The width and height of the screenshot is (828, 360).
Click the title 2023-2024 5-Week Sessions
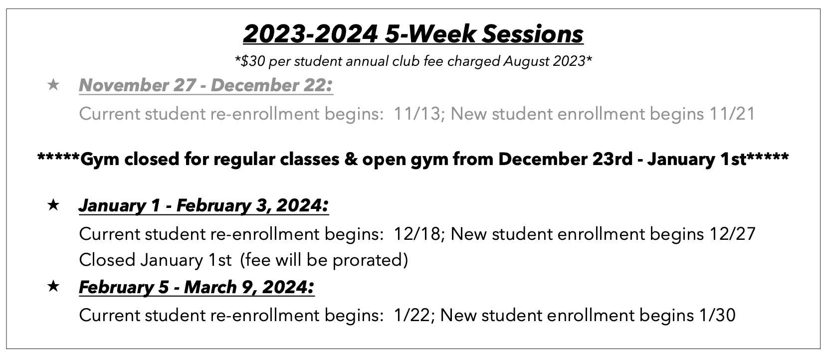coord(413,34)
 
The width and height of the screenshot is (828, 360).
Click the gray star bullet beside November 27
coord(53,85)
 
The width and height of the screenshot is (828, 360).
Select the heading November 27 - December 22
coord(206,85)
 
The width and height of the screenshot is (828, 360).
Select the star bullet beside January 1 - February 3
coord(53,205)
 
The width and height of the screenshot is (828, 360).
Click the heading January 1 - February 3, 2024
coord(204,205)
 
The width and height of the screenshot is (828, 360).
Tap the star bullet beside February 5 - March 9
coord(53,287)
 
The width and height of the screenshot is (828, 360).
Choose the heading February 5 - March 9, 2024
coord(197,287)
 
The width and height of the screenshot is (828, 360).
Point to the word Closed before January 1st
coord(107,260)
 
